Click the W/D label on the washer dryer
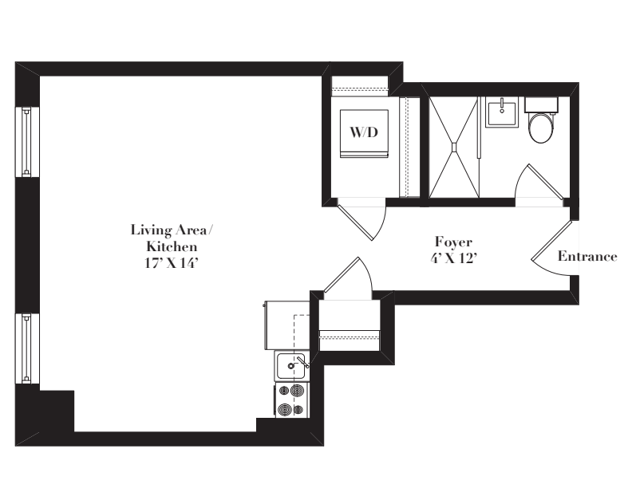(364, 132)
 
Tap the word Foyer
(453, 242)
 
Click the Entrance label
(587, 256)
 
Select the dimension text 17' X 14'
(172, 263)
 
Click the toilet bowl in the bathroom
(541, 128)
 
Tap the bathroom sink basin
(501, 113)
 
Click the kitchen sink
(292, 365)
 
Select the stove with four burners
(292, 399)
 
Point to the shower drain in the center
(454, 147)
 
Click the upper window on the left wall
(27, 142)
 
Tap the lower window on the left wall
(27, 348)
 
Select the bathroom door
(539, 181)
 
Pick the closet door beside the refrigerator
(347, 277)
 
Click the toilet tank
(541, 104)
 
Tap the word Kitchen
(172, 246)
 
